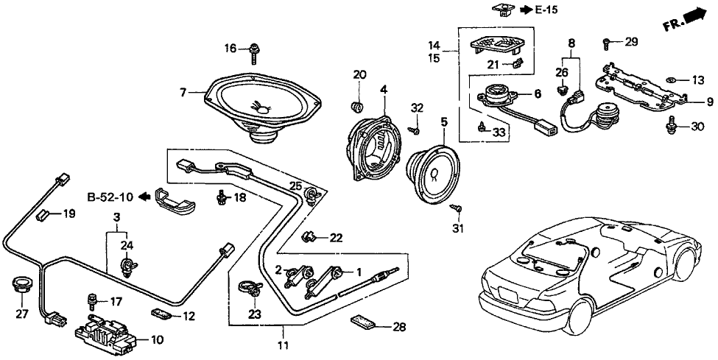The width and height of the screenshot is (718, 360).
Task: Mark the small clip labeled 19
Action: (x=44, y=216)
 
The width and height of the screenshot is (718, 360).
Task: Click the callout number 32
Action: (x=418, y=107)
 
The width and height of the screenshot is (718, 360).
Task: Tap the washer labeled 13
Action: (x=672, y=80)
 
